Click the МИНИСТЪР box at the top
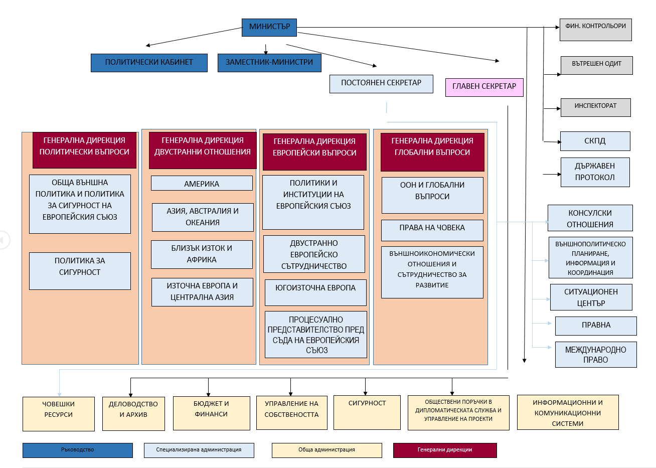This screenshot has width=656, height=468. [269, 28]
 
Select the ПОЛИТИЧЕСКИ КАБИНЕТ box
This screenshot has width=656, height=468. [149, 63]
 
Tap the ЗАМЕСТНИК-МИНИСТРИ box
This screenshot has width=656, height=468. [269, 63]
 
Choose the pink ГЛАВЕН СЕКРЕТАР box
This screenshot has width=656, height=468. [484, 87]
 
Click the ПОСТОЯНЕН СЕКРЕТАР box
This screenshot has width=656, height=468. [381, 84]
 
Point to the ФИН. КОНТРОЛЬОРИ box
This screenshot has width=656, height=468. [596, 30]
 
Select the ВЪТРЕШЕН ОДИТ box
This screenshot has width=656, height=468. [597, 65]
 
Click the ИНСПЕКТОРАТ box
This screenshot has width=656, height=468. [596, 107]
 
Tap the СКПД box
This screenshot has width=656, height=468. [595, 141]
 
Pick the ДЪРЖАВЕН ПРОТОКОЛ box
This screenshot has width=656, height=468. [595, 172]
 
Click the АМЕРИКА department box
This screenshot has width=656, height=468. [202, 183]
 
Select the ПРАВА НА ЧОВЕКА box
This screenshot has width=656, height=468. [432, 230]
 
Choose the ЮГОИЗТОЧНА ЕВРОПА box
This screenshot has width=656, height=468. [315, 292]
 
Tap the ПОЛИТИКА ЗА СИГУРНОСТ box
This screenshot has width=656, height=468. [80, 271]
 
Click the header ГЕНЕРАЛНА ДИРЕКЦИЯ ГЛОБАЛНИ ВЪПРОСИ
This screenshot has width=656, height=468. [432, 152]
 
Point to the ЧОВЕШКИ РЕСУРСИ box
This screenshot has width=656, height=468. [59, 414]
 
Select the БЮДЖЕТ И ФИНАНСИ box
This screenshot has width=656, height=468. [212, 413]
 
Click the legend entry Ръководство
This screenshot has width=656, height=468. [78, 450]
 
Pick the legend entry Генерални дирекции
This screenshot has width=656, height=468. [445, 450]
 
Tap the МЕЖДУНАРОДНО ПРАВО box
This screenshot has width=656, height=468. [596, 354]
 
